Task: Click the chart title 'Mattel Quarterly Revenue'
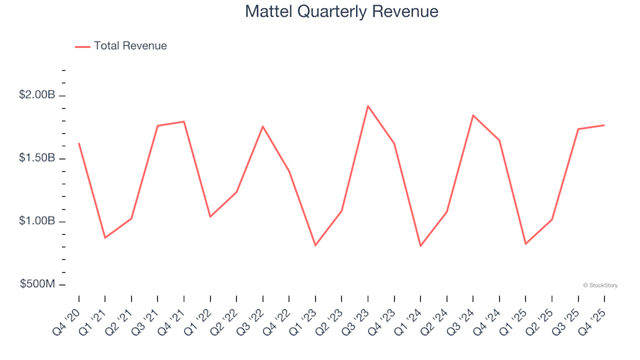point(341,11)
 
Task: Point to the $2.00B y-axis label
point(37,95)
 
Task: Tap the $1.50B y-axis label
point(37,159)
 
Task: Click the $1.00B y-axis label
point(37,221)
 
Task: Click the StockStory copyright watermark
point(600,285)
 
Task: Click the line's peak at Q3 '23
point(368,105)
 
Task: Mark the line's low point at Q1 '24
point(421,246)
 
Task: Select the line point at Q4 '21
point(184,121)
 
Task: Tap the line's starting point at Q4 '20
point(79,143)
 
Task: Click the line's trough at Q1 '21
point(105,238)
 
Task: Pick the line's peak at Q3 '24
point(473,115)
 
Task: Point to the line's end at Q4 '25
point(604,125)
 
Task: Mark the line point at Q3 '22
point(263,126)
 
